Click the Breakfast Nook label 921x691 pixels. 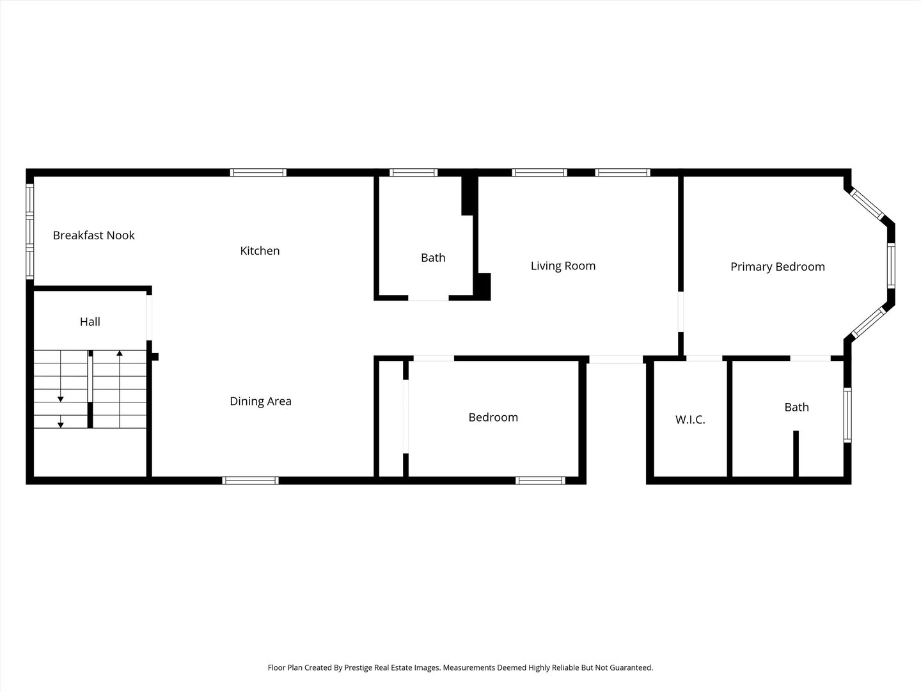pyautogui.click(x=93, y=235)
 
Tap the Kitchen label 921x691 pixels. pyautogui.click(x=260, y=251)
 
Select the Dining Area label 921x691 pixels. pyautogui.click(x=260, y=401)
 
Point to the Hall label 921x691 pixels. pyautogui.click(x=90, y=322)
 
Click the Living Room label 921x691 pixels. pyautogui.click(x=563, y=266)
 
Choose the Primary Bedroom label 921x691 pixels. pyautogui.click(x=777, y=267)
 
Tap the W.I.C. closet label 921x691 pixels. pyautogui.click(x=690, y=420)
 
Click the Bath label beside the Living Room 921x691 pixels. pyautogui.click(x=433, y=258)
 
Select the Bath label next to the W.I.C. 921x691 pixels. pyautogui.click(x=796, y=407)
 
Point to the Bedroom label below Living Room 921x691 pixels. pyautogui.click(x=493, y=417)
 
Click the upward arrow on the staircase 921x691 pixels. pyautogui.click(x=120, y=353)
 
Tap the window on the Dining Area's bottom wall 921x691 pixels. pyautogui.click(x=250, y=481)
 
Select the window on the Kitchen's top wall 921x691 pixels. pyautogui.click(x=258, y=172)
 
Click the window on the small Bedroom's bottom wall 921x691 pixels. pyautogui.click(x=540, y=481)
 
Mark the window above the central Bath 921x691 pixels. pyautogui.click(x=414, y=172)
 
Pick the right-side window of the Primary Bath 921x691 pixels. pyautogui.click(x=847, y=415)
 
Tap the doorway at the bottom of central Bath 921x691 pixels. pyautogui.click(x=429, y=298)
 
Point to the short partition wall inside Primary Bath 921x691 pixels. pyautogui.click(x=796, y=454)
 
